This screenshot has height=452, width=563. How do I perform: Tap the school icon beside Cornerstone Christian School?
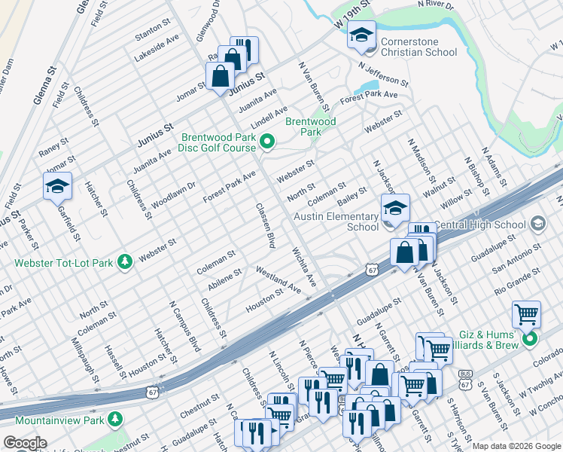point(361,35)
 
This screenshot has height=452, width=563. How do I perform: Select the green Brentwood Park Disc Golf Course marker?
point(266,141)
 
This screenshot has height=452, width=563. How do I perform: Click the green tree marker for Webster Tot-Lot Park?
point(124,261)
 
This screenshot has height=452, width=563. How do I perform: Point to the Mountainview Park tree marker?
point(115,418)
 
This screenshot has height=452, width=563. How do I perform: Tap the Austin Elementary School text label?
point(336,221)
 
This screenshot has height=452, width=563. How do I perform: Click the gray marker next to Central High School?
point(537,224)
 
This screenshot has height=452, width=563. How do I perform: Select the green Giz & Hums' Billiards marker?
point(529,339)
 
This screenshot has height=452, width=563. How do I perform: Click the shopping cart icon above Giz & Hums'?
point(526,313)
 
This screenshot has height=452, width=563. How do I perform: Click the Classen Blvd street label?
point(264,225)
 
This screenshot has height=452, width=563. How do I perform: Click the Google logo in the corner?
point(25,443)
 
